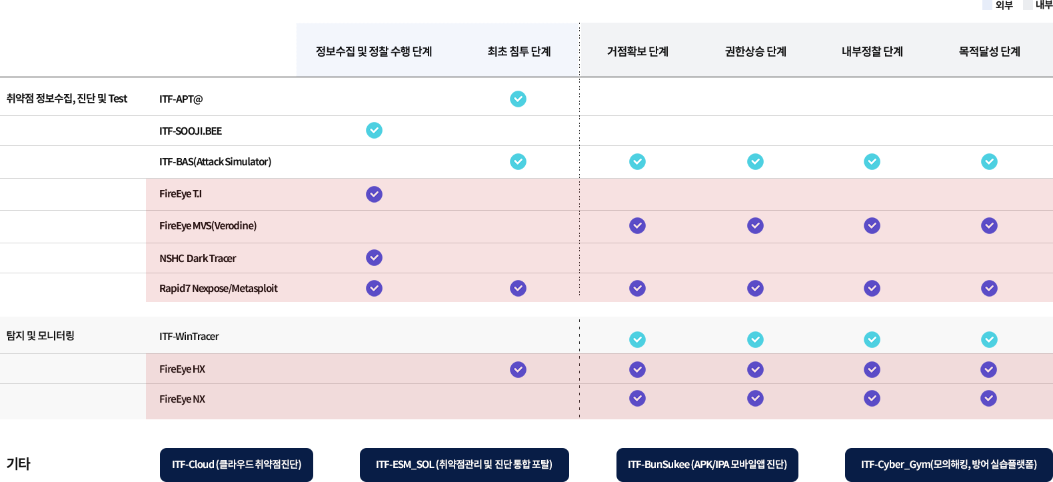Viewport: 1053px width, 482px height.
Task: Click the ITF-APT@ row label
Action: [x=181, y=99]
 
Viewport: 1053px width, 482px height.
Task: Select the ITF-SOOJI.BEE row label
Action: [x=191, y=131]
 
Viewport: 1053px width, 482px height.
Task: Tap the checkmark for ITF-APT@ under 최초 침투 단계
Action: [x=518, y=99]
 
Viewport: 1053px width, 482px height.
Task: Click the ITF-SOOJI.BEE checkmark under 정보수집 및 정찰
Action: [x=374, y=130]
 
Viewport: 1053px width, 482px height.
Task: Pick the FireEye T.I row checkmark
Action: [x=374, y=194]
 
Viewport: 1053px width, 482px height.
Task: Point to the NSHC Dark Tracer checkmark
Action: [x=374, y=258]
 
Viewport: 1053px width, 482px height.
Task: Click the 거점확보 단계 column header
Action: [x=637, y=51]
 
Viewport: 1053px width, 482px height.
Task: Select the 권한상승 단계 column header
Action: [x=756, y=51]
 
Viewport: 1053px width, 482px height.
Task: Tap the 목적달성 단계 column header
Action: [x=990, y=51]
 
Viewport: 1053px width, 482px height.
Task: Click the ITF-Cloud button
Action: [x=237, y=465]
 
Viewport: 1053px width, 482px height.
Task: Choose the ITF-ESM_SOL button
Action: [x=465, y=465]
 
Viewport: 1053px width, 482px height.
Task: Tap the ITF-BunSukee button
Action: [x=708, y=465]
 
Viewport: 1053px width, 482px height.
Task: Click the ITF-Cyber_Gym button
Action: [x=948, y=465]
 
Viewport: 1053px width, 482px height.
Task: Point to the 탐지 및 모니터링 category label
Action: [x=41, y=336]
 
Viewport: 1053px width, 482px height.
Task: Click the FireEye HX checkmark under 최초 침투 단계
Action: [x=518, y=369]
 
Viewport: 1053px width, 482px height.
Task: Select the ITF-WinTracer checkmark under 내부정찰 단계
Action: [x=872, y=339]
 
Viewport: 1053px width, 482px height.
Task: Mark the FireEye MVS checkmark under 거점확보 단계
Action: [x=637, y=226]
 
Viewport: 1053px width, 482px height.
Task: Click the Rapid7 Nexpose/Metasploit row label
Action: [x=219, y=288]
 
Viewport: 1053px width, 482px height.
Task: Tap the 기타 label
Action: [x=19, y=463]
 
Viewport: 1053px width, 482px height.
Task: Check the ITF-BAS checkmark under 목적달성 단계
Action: [x=989, y=162]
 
